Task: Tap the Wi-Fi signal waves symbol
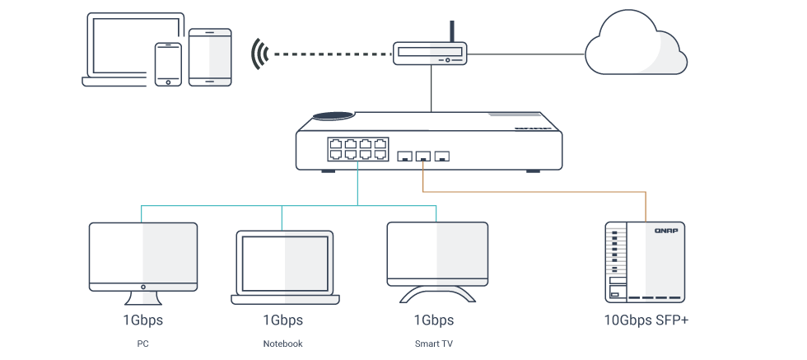(x=261, y=54)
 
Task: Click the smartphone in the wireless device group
(x=168, y=63)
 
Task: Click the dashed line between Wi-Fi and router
(x=329, y=54)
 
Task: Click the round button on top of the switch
(x=337, y=117)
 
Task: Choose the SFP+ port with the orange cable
(x=422, y=155)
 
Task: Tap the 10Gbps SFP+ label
(x=646, y=320)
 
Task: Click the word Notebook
(x=282, y=343)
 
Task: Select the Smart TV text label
(x=433, y=343)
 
